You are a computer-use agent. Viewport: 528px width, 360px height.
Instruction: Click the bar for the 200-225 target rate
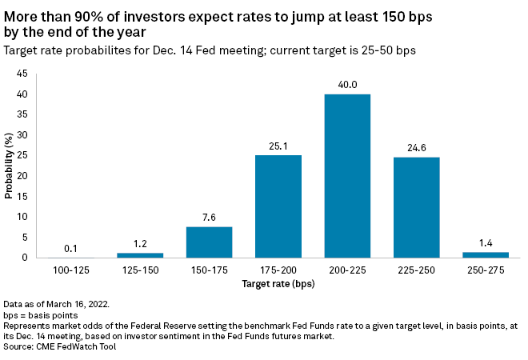tap(347, 176)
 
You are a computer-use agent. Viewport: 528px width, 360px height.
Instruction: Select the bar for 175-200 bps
tap(278, 206)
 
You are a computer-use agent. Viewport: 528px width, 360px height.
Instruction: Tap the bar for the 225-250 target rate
tap(416, 208)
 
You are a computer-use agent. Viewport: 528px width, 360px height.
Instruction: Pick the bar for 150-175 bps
tap(209, 242)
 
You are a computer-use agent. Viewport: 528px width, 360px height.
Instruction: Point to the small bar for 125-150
tap(140, 255)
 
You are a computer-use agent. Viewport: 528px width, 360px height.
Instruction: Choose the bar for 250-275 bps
tap(485, 254)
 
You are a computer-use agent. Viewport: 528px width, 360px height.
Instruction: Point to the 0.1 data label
tap(71, 249)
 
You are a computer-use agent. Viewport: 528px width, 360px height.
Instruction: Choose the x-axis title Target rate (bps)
tap(278, 283)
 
